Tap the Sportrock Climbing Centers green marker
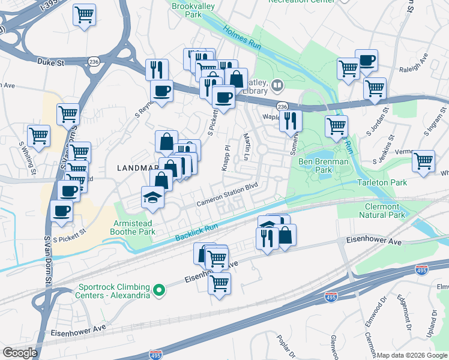158,291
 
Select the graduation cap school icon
152,197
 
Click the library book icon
277,85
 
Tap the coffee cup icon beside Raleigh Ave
366,60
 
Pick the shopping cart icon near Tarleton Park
423,161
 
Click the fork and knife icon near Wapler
291,120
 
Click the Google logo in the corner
20,353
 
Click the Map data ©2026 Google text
412,355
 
